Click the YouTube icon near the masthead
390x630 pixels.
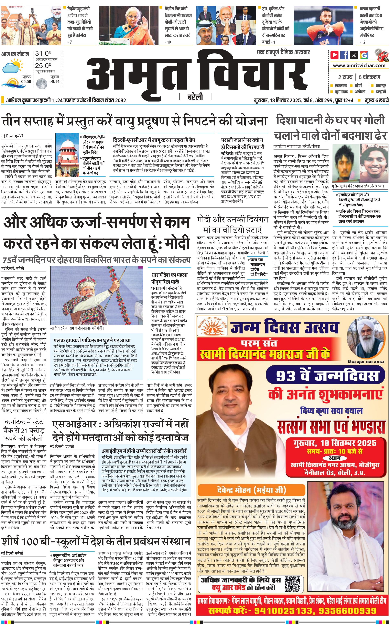[x=335, y=55]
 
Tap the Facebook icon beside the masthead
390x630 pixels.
[x=344, y=55]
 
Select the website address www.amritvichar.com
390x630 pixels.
[x=359, y=66]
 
